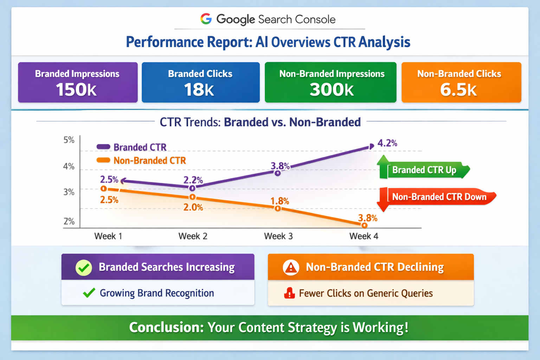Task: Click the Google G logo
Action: click(206, 19)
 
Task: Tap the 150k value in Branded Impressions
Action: click(76, 89)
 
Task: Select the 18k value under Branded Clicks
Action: click(199, 89)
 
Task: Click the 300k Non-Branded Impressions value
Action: click(332, 89)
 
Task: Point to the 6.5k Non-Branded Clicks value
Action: click(458, 89)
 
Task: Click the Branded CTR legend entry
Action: click(131, 147)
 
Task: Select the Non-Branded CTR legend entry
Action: click(141, 161)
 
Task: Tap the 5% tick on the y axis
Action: click(69, 140)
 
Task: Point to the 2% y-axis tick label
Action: click(69, 221)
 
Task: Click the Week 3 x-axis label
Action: click(278, 236)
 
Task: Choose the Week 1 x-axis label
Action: click(108, 236)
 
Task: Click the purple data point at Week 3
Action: click(278, 173)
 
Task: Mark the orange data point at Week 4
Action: click(365, 225)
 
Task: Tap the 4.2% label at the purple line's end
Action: click(387, 143)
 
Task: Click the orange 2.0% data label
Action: click(193, 207)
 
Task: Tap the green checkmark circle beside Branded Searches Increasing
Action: click(84, 268)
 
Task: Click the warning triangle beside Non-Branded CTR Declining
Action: click(291, 268)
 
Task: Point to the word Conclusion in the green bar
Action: click(166, 327)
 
